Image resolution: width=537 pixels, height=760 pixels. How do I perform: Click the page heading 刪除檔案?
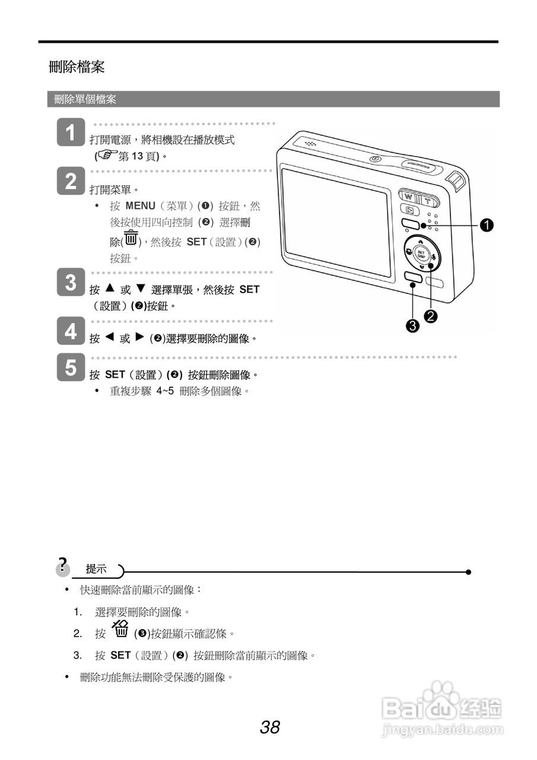77,67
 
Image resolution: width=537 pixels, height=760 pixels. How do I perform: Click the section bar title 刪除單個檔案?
85,100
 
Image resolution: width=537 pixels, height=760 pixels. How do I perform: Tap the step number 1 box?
71,132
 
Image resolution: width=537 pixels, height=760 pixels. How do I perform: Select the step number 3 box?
71,283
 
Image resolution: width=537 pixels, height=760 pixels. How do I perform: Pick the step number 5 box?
71,368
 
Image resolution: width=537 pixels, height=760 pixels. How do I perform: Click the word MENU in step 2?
140,206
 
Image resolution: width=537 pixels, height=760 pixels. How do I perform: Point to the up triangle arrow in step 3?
109,289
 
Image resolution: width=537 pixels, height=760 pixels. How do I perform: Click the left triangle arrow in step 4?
109,337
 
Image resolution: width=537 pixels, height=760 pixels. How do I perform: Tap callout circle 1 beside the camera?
487,225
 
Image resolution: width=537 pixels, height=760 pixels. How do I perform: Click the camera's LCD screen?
336,222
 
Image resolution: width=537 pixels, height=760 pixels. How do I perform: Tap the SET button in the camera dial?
421,254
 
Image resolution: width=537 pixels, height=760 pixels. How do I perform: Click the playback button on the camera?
409,210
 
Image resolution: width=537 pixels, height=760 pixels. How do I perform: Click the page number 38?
269,727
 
